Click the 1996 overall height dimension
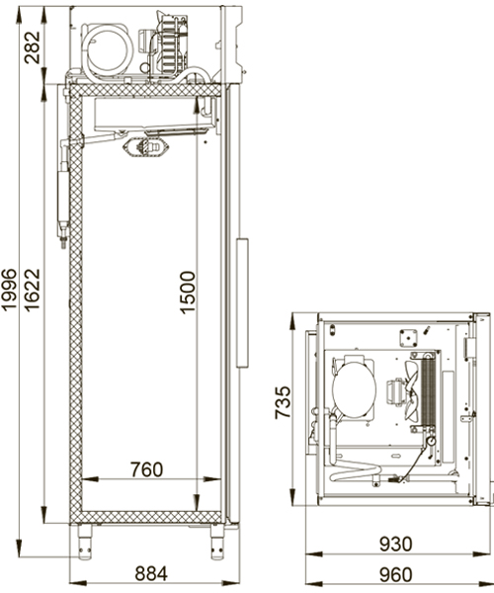[x=9, y=290]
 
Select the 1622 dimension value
[x=32, y=290]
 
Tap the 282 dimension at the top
[x=32, y=47]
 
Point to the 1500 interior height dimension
[x=188, y=293]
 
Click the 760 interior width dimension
[x=146, y=469]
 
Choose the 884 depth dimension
[x=151, y=573]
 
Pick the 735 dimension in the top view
[x=283, y=402]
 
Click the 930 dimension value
[x=396, y=545]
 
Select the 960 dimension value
[x=396, y=575]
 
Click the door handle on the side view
[x=242, y=302]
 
